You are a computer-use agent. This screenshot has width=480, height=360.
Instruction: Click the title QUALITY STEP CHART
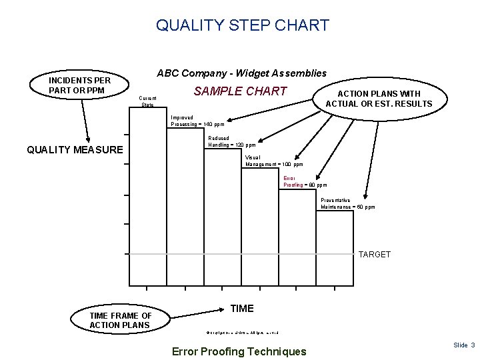(242, 25)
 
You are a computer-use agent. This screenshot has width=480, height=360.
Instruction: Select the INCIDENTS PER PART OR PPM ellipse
(79, 85)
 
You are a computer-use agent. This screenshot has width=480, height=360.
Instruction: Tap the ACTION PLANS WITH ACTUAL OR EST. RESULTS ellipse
(378, 99)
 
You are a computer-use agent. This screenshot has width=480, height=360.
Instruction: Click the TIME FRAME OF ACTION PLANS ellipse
(121, 320)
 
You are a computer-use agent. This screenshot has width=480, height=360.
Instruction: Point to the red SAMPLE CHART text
(240, 91)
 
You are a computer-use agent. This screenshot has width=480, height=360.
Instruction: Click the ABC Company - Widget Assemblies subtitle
(241, 73)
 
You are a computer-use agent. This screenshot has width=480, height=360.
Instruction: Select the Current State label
(147, 101)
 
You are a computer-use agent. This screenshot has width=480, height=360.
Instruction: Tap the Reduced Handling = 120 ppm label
(231, 141)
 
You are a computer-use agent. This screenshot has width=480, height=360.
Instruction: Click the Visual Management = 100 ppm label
(273, 161)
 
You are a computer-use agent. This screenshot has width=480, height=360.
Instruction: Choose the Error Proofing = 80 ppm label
(304, 181)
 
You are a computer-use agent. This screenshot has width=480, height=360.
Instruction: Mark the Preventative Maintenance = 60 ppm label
(347, 203)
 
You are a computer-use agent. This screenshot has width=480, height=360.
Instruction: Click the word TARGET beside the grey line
(375, 255)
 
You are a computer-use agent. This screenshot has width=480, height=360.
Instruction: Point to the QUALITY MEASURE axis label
(75, 150)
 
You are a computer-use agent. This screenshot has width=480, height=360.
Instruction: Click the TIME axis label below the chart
(241, 308)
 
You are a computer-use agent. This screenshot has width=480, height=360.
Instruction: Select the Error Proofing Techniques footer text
(239, 351)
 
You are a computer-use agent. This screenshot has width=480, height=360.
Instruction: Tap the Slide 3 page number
(463, 345)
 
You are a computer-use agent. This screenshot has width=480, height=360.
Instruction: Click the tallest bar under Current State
(147, 180)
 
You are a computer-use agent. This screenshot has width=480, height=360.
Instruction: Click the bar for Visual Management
(259, 211)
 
